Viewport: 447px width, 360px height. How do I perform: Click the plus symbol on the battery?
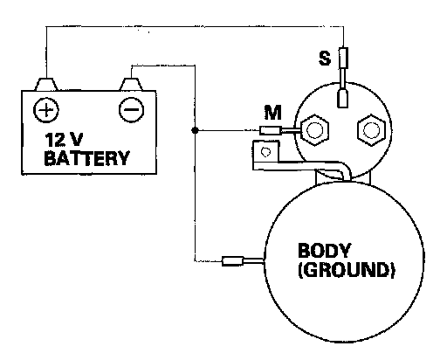[46, 110]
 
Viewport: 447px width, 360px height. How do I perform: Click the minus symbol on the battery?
[132, 109]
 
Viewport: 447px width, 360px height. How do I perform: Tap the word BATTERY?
[86, 158]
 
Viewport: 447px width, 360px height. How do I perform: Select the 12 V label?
[64, 140]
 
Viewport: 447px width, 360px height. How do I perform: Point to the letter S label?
[325, 58]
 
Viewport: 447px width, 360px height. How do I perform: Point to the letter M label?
[273, 113]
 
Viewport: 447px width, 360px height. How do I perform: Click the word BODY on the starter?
[324, 250]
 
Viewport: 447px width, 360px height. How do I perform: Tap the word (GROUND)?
[347, 270]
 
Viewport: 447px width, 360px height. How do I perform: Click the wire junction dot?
[195, 130]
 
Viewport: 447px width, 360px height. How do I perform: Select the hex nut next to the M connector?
[314, 130]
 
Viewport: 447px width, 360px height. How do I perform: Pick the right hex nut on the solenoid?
[371, 130]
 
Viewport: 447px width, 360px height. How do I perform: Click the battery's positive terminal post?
[46, 84]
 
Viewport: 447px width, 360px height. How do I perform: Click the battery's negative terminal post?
[131, 84]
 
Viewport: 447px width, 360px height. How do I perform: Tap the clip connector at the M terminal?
[271, 130]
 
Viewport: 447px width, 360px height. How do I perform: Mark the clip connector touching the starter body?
[232, 261]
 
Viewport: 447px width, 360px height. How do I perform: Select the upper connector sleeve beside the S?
[343, 58]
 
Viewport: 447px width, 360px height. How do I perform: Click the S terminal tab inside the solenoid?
[343, 99]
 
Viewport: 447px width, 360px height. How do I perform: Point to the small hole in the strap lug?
[265, 152]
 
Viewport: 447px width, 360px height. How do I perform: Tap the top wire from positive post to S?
[195, 27]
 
